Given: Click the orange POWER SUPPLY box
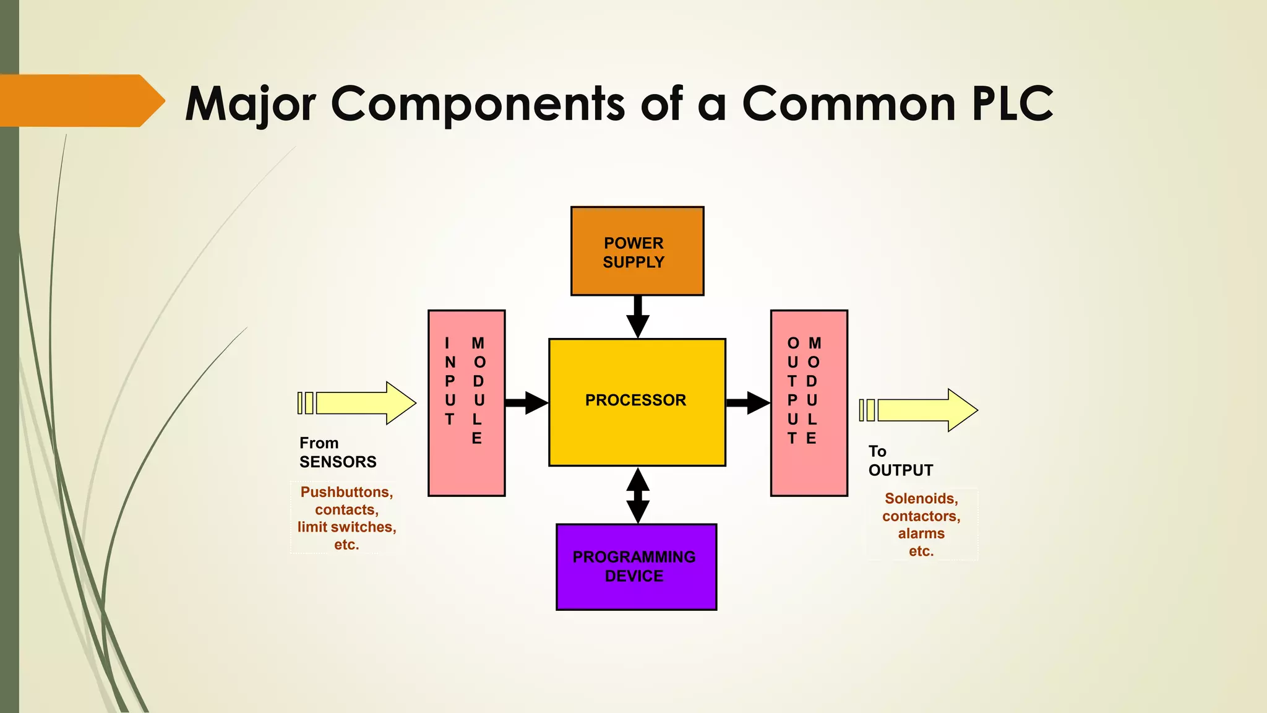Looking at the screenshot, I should [637, 251].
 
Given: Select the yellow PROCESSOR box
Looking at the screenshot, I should [637, 402].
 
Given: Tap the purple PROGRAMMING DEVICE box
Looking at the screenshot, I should [636, 567].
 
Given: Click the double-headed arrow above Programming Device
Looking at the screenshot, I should [638, 495].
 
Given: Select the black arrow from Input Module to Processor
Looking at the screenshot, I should [526, 403].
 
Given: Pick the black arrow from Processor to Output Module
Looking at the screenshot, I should [747, 403].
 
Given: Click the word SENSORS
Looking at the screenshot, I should [338, 462].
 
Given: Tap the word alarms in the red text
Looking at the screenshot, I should [921, 534].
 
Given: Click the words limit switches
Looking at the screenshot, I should [346, 527].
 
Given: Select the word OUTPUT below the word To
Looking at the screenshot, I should [900, 470].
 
